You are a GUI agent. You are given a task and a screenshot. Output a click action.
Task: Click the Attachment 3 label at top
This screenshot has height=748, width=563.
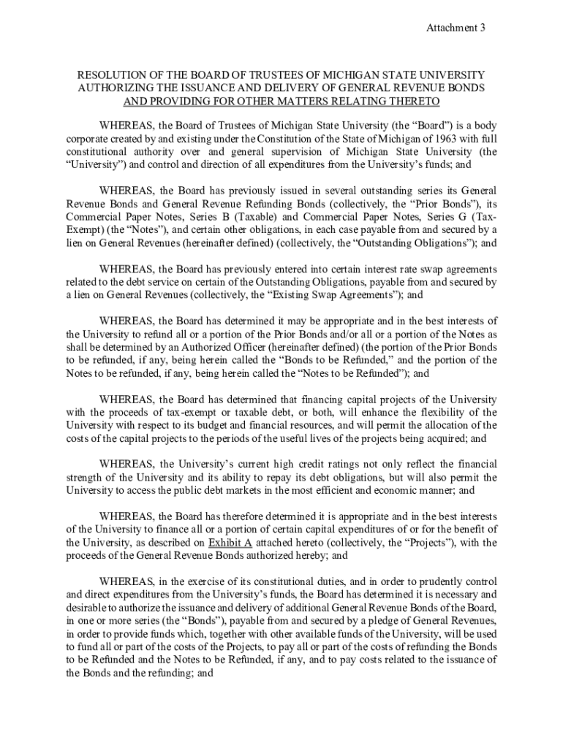[x=457, y=28]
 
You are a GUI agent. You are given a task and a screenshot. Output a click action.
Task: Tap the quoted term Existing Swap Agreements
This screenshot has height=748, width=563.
[x=323, y=294]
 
